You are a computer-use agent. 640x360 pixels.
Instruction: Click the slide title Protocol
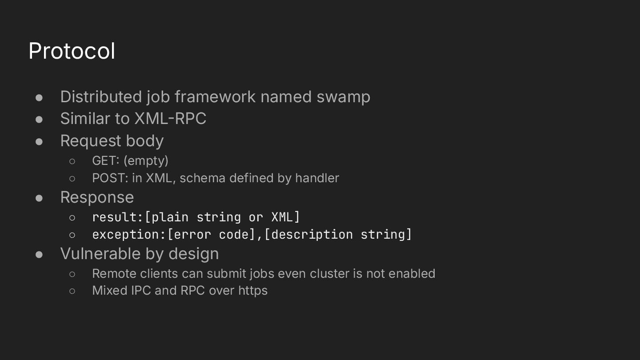[72, 51]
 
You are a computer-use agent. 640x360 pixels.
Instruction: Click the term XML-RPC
[170, 119]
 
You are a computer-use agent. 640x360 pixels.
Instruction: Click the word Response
[97, 197]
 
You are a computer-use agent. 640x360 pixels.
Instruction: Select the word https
[253, 291]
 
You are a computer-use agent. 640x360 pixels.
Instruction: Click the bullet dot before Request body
[39, 141]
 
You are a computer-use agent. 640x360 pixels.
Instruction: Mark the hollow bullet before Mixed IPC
[72, 291]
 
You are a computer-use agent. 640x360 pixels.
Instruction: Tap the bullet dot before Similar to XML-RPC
[39, 119]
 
